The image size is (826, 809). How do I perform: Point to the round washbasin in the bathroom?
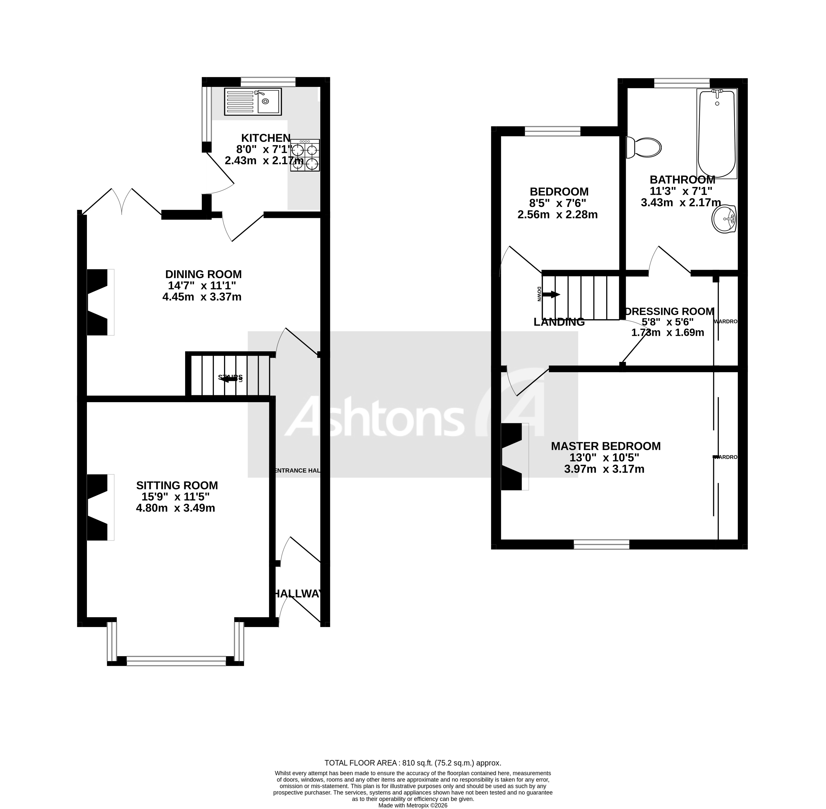tap(724, 219)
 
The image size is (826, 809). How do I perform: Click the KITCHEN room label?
tap(266, 138)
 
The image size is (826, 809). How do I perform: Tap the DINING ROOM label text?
tap(203, 274)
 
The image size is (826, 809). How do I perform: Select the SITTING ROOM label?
tap(177, 485)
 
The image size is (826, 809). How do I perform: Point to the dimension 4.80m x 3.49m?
tap(175, 508)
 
